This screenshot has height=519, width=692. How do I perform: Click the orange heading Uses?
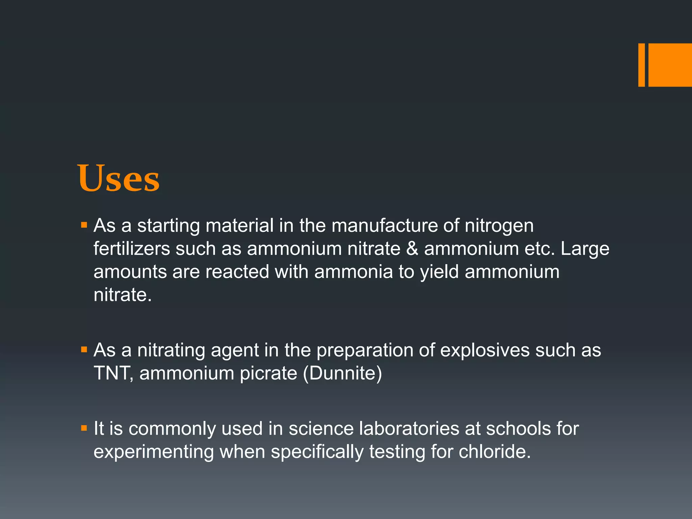[119, 178]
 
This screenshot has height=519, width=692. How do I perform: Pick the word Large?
[585, 250]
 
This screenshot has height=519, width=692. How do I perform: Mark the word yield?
[439, 272]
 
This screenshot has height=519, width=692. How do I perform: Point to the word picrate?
[268, 374]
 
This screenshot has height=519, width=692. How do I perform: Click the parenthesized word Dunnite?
[343, 374]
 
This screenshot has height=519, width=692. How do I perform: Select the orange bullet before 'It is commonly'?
[84, 428]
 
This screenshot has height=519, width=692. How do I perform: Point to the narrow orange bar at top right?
[641, 65]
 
